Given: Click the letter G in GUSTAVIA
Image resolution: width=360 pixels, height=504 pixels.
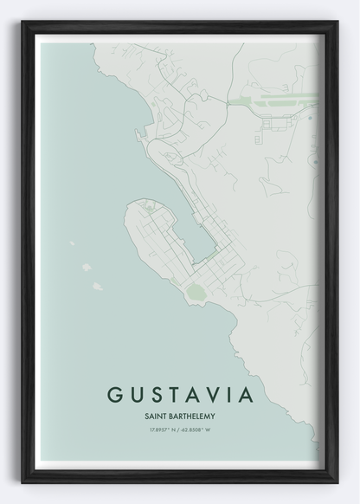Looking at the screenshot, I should pos(113,394).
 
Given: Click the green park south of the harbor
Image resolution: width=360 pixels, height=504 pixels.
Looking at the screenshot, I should pos(196,293).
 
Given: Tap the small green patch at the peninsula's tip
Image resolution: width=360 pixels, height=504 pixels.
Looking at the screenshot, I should pos(149,209).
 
